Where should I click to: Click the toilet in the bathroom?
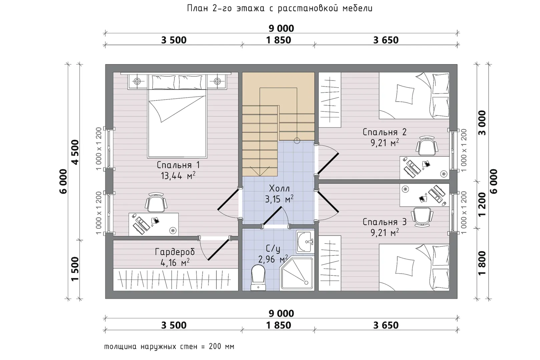(258, 278)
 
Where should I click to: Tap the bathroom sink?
(306, 241)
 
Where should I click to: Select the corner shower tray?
(297, 273)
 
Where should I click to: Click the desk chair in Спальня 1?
(156, 203)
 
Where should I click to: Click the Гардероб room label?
(175, 252)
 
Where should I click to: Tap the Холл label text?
(279, 188)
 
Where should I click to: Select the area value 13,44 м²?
(178, 176)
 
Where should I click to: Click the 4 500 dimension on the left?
(75, 152)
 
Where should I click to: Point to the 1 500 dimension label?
(75, 269)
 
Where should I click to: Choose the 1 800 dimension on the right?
(482, 263)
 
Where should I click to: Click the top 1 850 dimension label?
(279, 40)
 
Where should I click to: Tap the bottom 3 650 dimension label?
(386, 325)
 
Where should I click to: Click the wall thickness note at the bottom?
(169, 347)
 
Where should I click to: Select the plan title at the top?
(280, 8)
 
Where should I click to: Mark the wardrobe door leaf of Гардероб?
(218, 249)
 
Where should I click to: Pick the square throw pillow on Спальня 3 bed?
(405, 266)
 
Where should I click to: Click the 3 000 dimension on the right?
(482, 123)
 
